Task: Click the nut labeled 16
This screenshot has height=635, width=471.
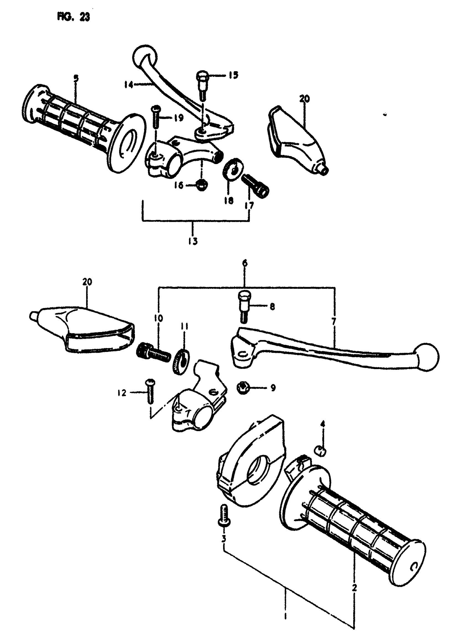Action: coord(202,185)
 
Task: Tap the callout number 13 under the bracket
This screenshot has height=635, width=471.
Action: coord(193,241)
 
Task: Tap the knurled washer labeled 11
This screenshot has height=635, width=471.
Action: coord(180,361)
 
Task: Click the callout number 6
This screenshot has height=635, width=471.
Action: coord(245,263)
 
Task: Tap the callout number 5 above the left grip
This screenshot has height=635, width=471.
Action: coord(76,78)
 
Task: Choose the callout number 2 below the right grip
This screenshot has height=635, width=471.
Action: coord(354,587)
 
